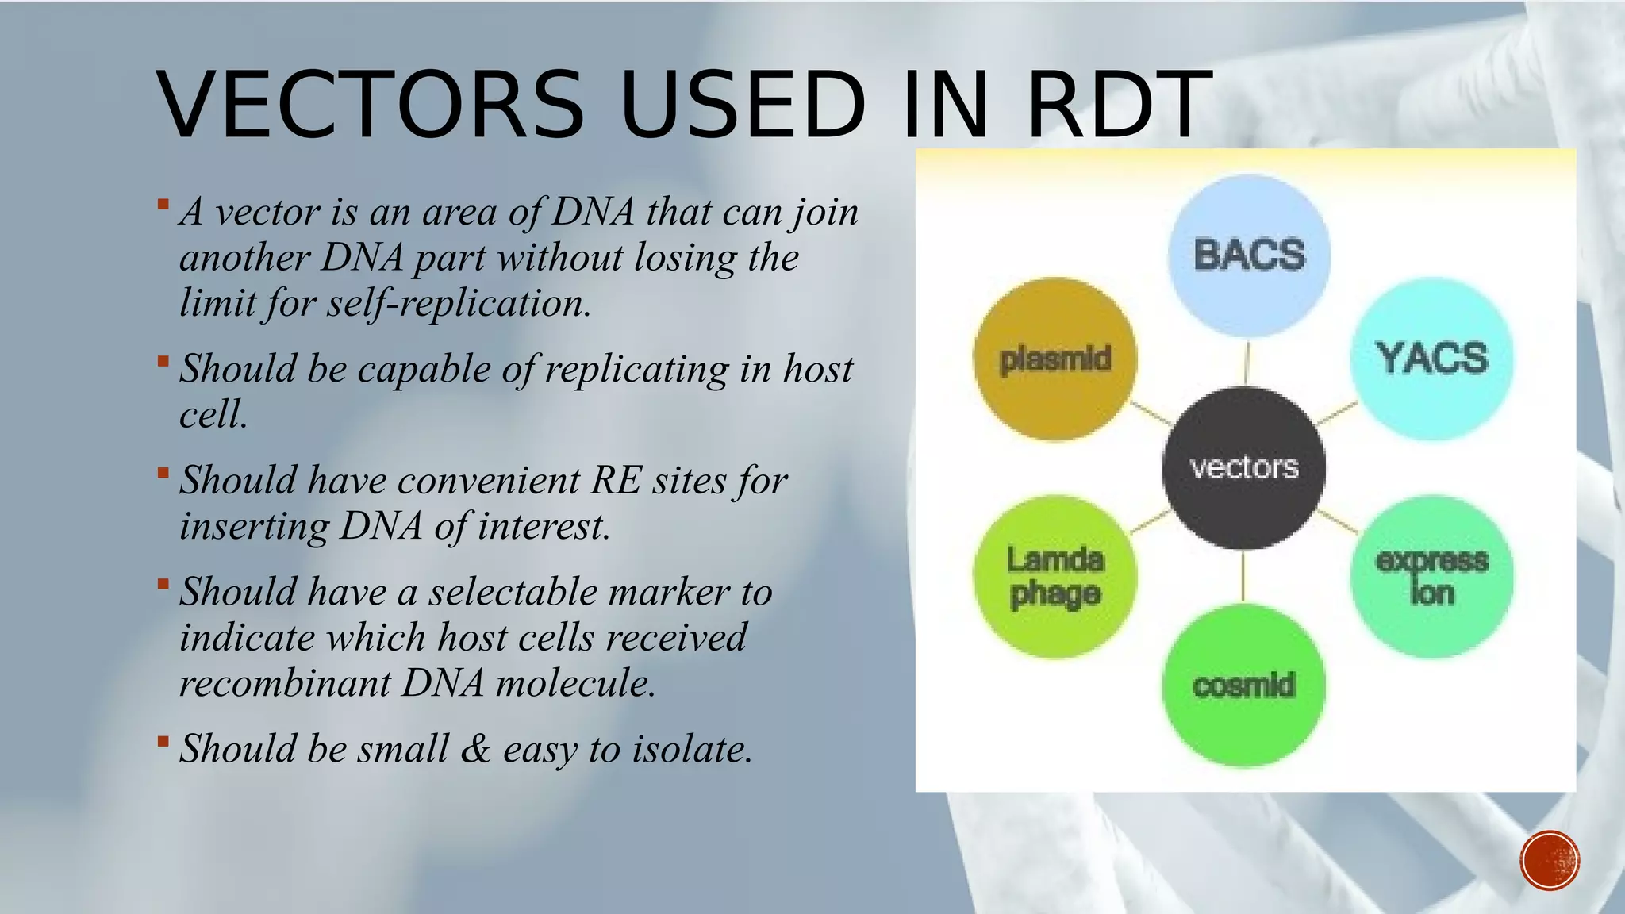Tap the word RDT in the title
1119,106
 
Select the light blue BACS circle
1249,255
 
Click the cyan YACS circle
1431,358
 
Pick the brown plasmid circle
1055,359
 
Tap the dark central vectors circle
1243,467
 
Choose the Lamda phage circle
1055,577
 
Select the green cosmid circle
1243,685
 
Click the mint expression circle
1431,577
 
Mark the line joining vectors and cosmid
1243,577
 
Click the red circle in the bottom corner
1550,860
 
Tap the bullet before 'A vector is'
163,205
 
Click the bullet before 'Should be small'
163,742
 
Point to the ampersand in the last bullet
475,749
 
